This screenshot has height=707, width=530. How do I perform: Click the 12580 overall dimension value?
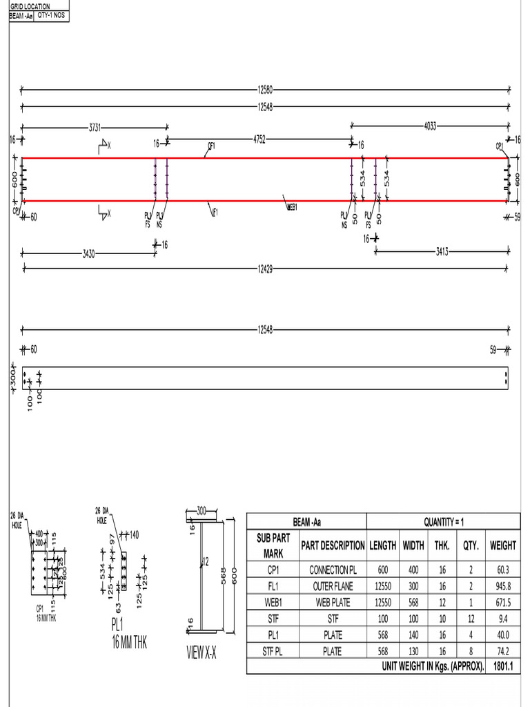pos(265,88)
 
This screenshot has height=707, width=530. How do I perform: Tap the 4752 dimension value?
pos(259,139)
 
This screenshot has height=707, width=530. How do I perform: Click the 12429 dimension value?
pos(265,269)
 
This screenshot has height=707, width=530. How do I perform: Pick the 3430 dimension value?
pos(88,253)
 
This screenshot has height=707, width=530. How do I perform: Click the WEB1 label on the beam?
pos(292,206)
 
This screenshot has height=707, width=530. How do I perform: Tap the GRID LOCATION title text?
pos(29,6)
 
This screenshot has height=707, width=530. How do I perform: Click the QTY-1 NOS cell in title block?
pos(52,14)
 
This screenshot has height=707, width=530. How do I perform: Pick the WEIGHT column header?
pos(503,545)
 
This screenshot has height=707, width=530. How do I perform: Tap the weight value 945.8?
pos(503,586)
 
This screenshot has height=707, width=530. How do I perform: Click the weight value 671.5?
pos(503,602)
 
